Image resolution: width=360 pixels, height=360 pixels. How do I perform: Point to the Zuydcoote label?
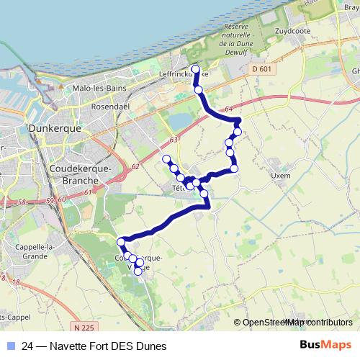pos(294,32)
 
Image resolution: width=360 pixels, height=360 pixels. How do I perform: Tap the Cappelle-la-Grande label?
pos(26,251)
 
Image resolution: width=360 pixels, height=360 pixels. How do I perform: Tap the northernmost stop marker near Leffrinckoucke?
pos(196,69)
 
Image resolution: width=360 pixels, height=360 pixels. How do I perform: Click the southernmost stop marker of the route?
pos(138,271)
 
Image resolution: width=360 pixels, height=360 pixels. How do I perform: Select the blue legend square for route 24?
pos(9,346)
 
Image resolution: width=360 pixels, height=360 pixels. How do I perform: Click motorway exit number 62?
pos(135,166)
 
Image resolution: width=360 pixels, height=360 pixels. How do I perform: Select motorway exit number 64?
pos(228,109)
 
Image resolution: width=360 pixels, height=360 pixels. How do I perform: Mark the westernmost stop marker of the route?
pos(120,240)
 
